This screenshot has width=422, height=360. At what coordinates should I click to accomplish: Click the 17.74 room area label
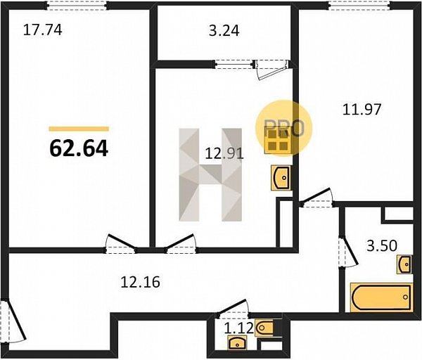click(43, 30)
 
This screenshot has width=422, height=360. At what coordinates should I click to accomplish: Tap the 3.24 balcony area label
click(224, 31)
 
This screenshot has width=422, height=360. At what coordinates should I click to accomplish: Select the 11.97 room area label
click(362, 110)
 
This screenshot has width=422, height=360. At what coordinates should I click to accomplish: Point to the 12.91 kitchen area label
click(224, 154)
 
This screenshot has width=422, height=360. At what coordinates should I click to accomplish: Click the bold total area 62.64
click(79, 149)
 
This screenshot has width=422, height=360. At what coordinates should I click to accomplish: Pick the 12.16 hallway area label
click(140, 282)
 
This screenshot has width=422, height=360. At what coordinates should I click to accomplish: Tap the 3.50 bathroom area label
click(382, 245)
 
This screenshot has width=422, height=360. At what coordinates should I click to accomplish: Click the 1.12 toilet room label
click(238, 328)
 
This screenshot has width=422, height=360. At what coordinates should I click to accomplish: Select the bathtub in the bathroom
click(381, 297)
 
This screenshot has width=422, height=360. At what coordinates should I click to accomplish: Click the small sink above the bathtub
click(404, 264)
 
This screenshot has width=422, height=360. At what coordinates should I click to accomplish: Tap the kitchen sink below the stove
click(281, 178)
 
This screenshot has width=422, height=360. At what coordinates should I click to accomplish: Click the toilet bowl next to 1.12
click(264, 328)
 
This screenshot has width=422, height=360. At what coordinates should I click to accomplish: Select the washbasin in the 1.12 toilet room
click(236, 343)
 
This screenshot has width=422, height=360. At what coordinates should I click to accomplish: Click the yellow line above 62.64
click(79, 129)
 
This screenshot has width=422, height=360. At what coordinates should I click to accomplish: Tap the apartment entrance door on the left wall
click(13, 321)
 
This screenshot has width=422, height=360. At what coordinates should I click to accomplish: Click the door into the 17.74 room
click(120, 244)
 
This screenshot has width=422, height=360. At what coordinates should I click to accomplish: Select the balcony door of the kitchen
click(271, 69)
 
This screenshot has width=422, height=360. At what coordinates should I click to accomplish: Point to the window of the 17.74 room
click(77, 5)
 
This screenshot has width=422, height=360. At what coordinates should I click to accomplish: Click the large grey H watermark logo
click(210, 174)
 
